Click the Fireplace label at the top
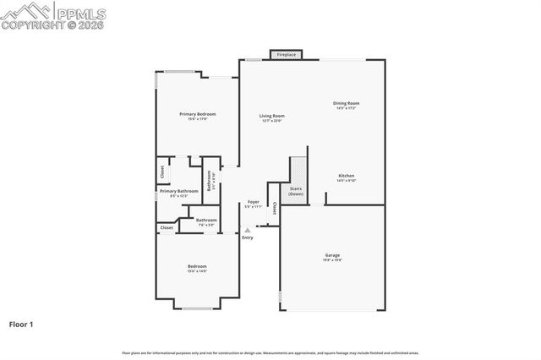[x=287, y=55]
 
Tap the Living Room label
[x=271, y=116]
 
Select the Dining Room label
[x=347, y=103]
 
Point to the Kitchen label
[x=347, y=176]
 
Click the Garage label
[x=333, y=254]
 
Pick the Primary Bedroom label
[x=197, y=113]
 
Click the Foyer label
[x=253, y=202]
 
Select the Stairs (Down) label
[x=296, y=191]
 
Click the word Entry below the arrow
[x=247, y=237]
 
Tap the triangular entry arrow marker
[x=247, y=230]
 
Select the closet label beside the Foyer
[x=274, y=209]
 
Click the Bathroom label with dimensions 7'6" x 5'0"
[x=207, y=221]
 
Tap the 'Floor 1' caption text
[x=22, y=324]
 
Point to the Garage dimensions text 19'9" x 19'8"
[x=333, y=259]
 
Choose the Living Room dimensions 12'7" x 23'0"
[x=271, y=121]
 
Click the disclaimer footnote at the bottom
[x=270, y=352]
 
